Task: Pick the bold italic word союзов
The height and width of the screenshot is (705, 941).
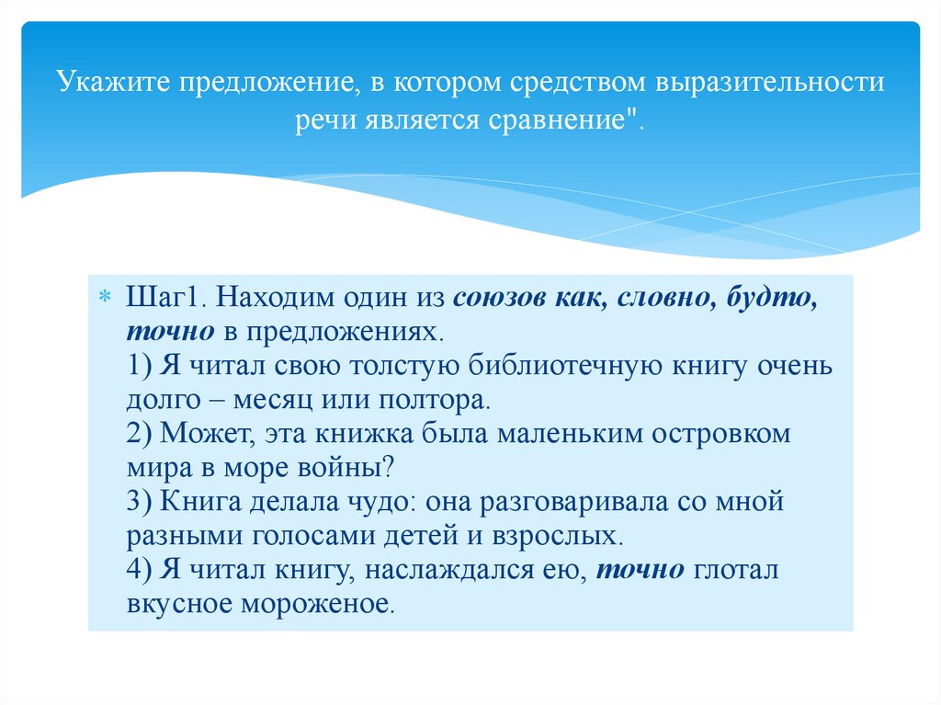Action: (497, 298)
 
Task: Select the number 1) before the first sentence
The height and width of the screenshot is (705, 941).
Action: (143, 366)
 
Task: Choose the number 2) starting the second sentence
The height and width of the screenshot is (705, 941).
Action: (143, 434)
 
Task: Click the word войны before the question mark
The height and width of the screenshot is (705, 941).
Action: (354, 468)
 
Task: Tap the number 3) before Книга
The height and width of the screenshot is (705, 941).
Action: (143, 502)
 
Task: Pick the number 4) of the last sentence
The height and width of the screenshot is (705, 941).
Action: (143, 570)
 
